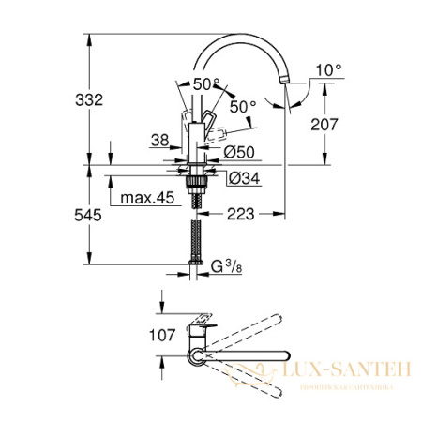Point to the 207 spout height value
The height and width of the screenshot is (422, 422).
343,122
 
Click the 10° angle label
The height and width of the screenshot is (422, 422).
328,69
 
